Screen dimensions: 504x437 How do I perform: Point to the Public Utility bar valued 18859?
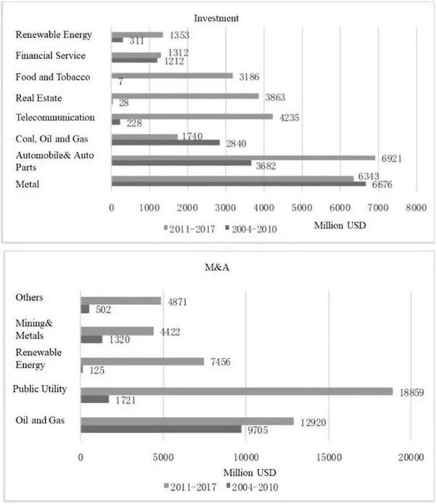[236, 391]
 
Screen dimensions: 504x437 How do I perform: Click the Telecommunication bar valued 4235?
[192, 115]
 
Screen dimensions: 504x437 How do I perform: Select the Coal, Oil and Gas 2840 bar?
[166, 142]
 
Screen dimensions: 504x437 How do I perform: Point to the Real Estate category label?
[39, 97]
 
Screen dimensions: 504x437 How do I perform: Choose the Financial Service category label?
[50, 56]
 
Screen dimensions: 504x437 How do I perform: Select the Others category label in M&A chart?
[29, 298]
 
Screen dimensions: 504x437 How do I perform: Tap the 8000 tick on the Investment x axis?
[416, 208]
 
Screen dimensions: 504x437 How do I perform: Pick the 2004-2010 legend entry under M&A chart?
[250, 487]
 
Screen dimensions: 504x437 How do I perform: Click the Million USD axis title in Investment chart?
[340, 224]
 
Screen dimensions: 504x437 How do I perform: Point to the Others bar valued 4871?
[121, 301]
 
